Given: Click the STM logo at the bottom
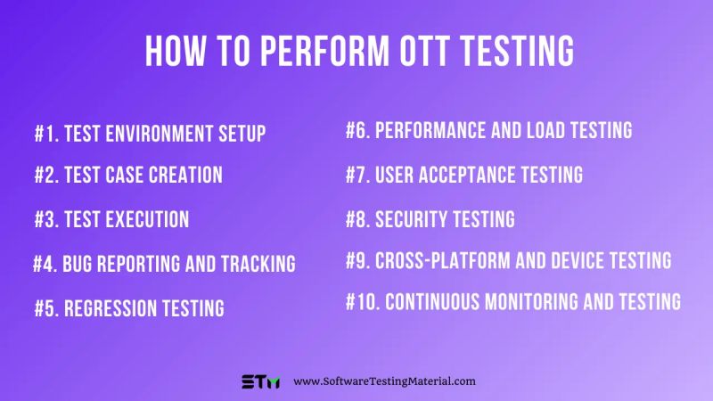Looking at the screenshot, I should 260,381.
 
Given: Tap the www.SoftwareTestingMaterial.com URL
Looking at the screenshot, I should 384,381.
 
